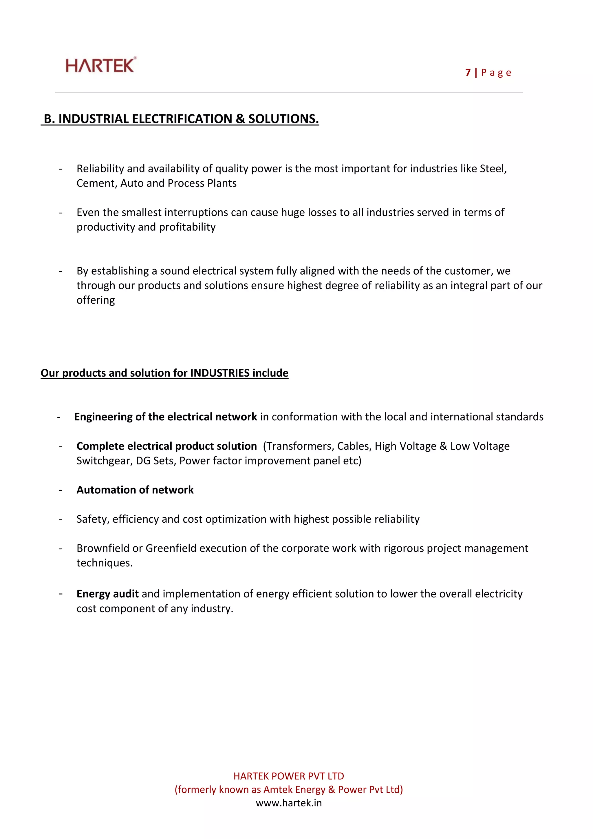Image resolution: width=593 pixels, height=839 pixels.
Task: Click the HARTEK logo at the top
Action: pos(101,65)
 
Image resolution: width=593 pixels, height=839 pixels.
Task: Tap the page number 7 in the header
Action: pos(468,73)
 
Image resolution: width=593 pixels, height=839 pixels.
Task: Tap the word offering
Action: pos(96,300)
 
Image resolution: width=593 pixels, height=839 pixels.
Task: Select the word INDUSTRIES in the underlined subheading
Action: pos(220,373)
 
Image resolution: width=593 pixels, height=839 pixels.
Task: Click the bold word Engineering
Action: pos(103,417)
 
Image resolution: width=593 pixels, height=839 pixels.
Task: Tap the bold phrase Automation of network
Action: pos(135,490)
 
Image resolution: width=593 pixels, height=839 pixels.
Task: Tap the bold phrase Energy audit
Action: pos(107,594)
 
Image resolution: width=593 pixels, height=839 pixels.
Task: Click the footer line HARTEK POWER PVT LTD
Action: pos(288,776)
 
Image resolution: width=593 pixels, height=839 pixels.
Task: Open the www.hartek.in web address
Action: pos(288,803)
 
